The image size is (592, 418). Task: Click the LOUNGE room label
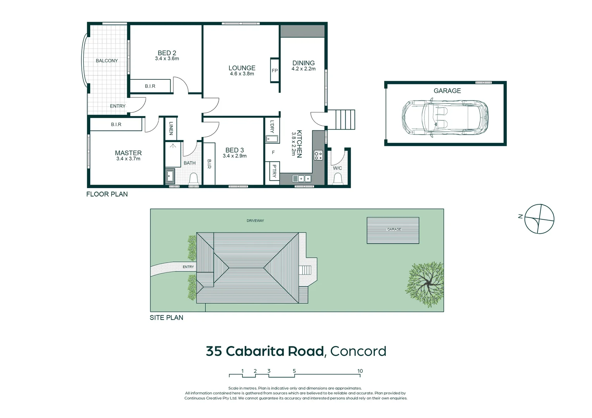(242, 68)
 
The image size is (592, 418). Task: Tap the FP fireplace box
(275, 70)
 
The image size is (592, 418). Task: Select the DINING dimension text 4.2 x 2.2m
(303, 69)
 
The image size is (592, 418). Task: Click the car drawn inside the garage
(445, 118)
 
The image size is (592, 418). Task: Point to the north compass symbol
(539, 219)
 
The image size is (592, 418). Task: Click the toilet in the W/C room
(337, 178)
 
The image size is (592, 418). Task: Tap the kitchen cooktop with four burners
(318, 156)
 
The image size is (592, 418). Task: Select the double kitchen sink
(302, 178)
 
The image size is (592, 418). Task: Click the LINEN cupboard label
(171, 128)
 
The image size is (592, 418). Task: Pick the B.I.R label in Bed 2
(150, 86)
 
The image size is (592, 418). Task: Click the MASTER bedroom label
(128, 153)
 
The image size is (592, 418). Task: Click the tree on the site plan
(425, 284)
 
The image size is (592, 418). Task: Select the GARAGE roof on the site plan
(393, 230)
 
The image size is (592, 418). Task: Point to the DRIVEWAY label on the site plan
(255, 221)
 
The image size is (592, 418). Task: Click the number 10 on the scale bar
(360, 371)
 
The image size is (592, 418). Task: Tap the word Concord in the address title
(358, 351)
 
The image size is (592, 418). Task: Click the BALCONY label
(107, 61)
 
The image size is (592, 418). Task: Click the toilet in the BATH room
(193, 179)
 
